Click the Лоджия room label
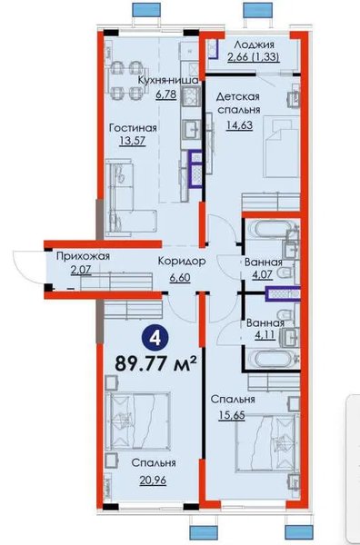coord(254,45)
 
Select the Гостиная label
coord(133,128)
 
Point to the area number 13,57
coord(132,141)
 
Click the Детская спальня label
coord(238,103)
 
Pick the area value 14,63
coord(239,124)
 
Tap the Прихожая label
coord(83,256)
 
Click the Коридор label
coord(182,261)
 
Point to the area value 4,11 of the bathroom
coord(265,335)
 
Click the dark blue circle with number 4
coord(155,337)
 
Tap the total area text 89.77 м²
coord(155,362)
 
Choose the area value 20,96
coord(153,480)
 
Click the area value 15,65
coord(232,415)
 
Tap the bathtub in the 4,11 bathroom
coord(271,359)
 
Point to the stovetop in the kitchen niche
coord(191,96)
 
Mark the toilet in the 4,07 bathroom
coord(289,273)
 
